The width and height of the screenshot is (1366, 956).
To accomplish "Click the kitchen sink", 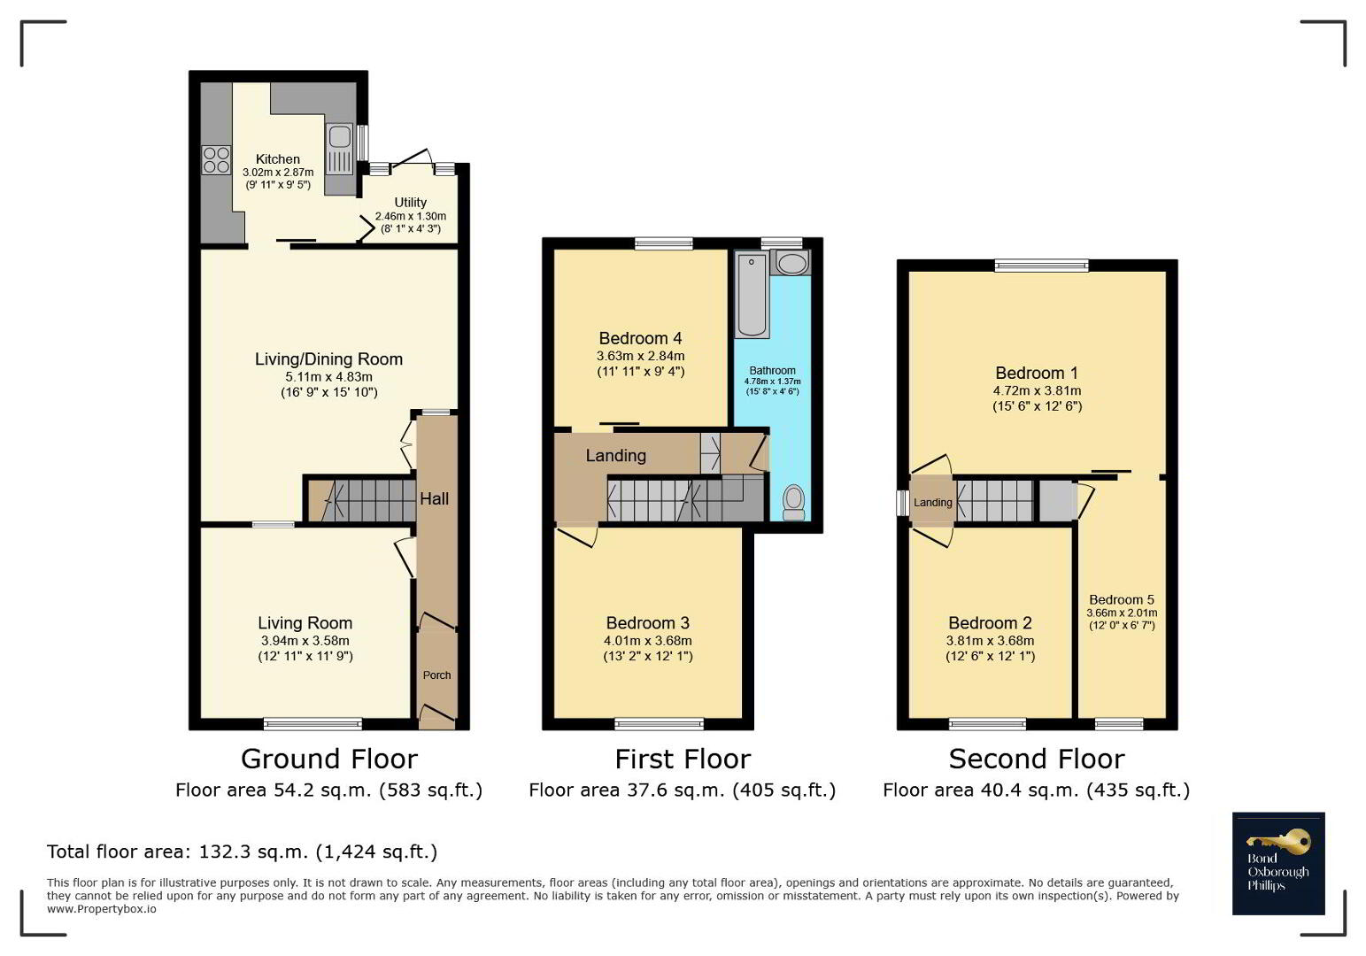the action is tap(339, 150).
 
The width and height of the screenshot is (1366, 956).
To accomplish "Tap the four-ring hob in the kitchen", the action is tap(217, 159).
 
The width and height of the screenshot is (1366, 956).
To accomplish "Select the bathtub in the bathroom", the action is tap(752, 295).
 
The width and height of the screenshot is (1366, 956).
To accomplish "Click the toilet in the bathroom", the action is tap(793, 503).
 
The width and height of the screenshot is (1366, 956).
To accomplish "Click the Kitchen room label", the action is tap(277, 159).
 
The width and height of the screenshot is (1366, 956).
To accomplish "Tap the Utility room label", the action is tap(411, 203).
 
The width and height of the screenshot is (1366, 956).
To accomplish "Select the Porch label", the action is tap(436, 675).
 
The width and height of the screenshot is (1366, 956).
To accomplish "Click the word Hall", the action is tap(434, 498).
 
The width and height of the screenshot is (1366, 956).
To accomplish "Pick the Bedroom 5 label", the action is tap(1122, 599).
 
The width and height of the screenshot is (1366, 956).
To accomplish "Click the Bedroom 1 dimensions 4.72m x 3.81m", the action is tap(1037, 390).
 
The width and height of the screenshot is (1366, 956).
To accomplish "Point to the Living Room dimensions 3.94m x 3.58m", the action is tap(305, 640).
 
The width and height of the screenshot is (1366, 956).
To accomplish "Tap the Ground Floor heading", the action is tap(329, 759).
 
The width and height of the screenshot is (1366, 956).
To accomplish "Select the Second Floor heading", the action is tap(1037, 759).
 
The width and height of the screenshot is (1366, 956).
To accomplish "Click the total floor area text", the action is tap(242, 852).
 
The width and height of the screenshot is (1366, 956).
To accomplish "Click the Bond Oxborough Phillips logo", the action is tap(1278, 863).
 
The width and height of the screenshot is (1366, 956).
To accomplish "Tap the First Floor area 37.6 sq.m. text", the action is tap(683, 790).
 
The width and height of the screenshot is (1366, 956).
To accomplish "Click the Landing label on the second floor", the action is tap(932, 503).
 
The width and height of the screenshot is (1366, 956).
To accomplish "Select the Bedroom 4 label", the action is tap(640, 338).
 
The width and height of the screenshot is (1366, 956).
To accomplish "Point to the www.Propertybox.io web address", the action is tap(101, 909).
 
